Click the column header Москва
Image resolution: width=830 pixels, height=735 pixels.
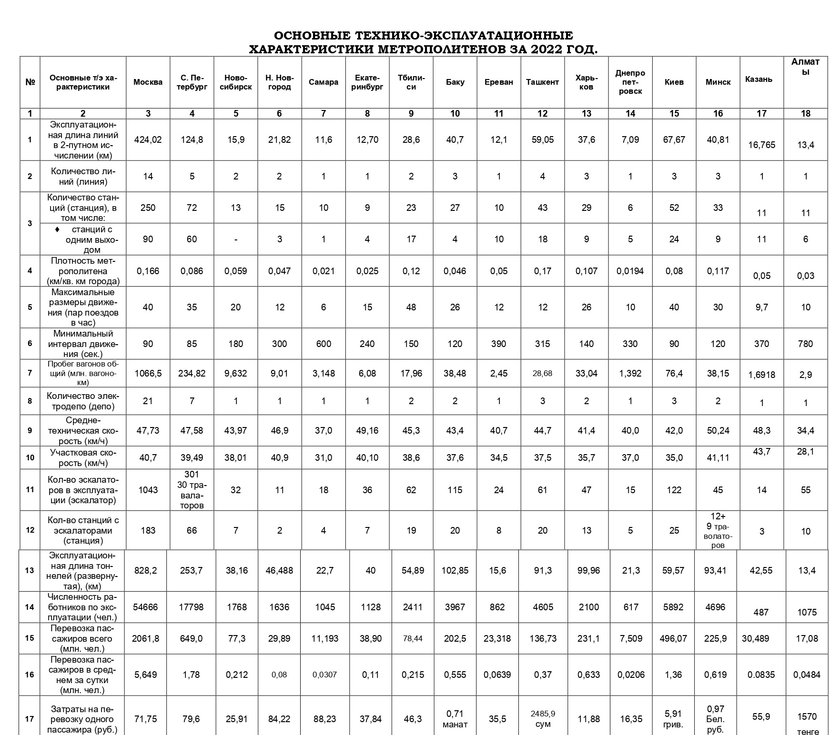[x=148, y=82]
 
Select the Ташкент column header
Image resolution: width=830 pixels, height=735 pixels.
[x=542, y=82]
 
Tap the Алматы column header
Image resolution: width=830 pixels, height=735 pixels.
[x=805, y=67]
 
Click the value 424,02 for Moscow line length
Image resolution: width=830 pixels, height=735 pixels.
[x=148, y=139]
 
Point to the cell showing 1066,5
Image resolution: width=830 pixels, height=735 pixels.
[x=148, y=373]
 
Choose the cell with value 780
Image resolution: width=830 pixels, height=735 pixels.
[x=805, y=344]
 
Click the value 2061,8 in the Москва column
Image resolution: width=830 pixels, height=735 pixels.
[x=145, y=638]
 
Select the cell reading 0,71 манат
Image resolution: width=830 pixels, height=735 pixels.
[x=455, y=719]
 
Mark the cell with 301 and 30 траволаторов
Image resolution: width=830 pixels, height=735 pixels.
[x=192, y=490]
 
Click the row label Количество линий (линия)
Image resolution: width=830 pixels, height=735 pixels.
[x=83, y=176]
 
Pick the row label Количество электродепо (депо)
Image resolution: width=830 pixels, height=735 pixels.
[x=83, y=401]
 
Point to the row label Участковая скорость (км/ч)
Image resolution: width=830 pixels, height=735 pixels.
[x=83, y=457]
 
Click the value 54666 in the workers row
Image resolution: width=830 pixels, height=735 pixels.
[x=145, y=607]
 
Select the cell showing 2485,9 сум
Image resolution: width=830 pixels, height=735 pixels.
[x=543, y=719]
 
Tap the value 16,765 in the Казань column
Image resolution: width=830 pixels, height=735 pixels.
[x=761, y=145]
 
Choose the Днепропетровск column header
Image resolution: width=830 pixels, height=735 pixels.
[x=630, y=82]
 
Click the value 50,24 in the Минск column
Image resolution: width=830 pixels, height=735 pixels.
[x=718, y=430]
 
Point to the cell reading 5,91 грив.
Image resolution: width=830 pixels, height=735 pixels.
[x=673, y=719]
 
